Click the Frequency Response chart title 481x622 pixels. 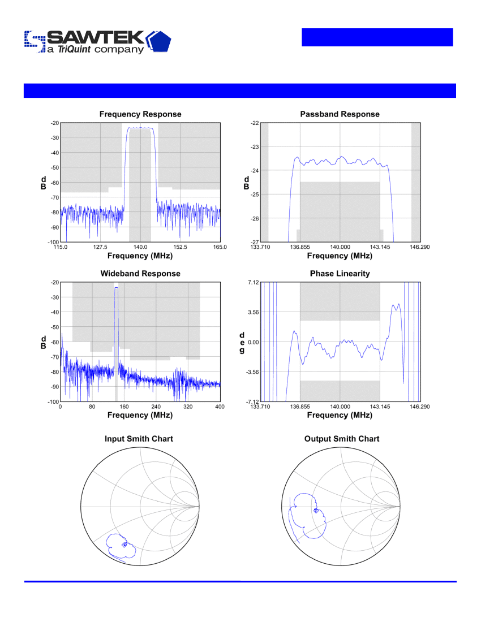[140, 114]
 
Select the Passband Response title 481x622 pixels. [340, 114]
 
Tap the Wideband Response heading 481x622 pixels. [140, 274]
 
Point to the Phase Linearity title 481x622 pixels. [340, 274]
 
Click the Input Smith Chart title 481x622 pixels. [139, 439]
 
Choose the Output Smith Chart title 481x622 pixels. [342, 439]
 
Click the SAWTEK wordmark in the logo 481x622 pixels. [96, 38]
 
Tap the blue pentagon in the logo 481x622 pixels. [161, 42]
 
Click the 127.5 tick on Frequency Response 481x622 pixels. [100, 247]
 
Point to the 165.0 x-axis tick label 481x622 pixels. [220, 247]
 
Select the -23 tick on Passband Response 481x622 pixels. [255, 147]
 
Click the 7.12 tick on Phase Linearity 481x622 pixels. [253, 282]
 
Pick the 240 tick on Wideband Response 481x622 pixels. [156, 407]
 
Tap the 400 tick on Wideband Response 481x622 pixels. [220, 407]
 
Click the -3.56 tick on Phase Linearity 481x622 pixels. [252, 372]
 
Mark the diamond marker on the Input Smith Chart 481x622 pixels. [124, 545]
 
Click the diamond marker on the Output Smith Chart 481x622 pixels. [316, 511]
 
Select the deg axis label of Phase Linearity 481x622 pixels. [242, 343]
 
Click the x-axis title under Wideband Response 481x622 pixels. [140, 416]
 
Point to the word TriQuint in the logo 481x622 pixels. [74, 49]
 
